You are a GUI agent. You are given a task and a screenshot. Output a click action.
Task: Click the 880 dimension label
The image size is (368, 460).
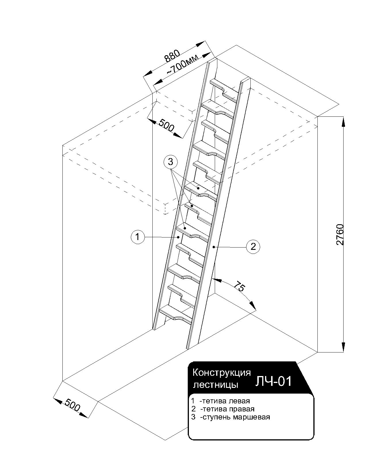(172, 56)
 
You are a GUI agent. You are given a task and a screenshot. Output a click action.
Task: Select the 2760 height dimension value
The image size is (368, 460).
(340, 234)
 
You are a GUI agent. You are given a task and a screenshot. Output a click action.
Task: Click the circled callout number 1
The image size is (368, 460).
(137, 237)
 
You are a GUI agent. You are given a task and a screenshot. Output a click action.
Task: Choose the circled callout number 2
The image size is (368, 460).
(253, 247)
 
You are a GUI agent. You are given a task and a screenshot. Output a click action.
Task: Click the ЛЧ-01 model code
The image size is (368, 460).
(273, 381)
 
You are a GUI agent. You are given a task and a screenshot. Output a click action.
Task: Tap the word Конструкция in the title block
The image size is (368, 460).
(221, 373)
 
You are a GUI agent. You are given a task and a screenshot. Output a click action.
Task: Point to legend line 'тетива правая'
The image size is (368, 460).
(223, 409)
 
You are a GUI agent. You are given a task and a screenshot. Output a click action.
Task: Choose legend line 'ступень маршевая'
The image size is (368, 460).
(230, 417)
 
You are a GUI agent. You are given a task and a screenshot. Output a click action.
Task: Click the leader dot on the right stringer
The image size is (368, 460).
(213, 247)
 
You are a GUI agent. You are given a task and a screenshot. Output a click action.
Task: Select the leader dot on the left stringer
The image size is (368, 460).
(179, 237)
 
